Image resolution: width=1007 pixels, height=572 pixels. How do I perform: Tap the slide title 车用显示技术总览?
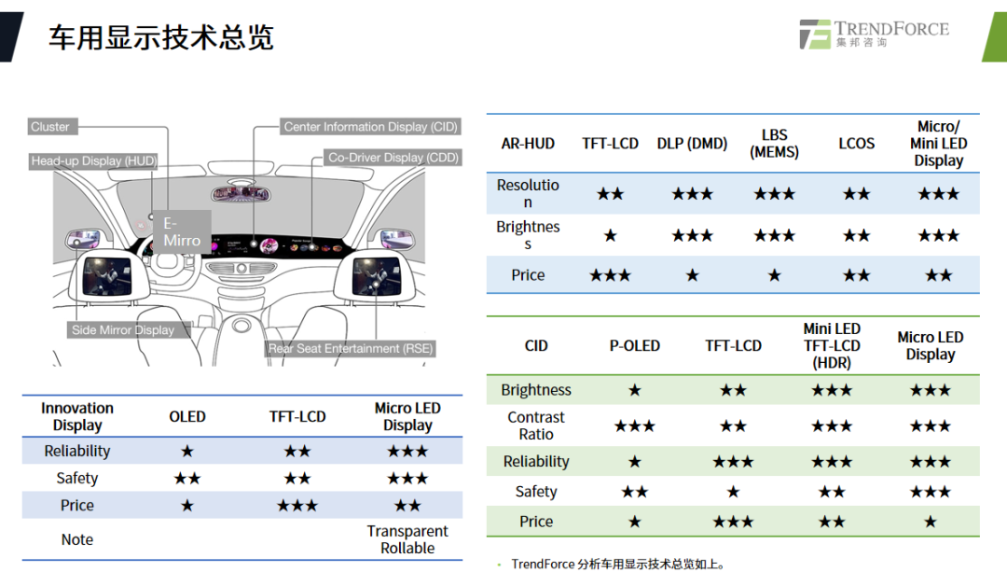(160, 38)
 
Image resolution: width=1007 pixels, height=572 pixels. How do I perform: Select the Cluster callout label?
(50, 127)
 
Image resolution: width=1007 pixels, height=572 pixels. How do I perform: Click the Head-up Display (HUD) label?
(93, 161)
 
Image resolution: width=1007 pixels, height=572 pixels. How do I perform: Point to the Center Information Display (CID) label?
(370, 127)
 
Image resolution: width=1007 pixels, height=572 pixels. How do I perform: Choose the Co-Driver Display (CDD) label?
(393, 158)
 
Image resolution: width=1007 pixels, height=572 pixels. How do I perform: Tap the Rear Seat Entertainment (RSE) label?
(351, 348)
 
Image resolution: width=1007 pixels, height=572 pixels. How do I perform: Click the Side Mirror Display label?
(123, 329)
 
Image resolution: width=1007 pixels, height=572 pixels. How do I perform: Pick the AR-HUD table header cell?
(528, 144)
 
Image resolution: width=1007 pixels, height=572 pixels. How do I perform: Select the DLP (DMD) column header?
(692, 144)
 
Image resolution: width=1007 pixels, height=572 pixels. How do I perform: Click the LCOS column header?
(856, 144)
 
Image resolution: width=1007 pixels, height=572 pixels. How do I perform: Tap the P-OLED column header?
(634, 346)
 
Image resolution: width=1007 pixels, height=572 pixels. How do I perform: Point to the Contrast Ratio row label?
(536, 426)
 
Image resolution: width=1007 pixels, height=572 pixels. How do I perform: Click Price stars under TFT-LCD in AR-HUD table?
(611, 275)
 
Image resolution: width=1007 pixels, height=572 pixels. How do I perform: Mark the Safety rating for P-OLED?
(634, 492)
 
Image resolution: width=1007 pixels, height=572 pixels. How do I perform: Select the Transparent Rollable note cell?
(407, 539)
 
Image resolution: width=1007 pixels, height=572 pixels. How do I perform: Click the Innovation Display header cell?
(77, 416)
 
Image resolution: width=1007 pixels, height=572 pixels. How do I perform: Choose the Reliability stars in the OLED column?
(187, 452)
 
